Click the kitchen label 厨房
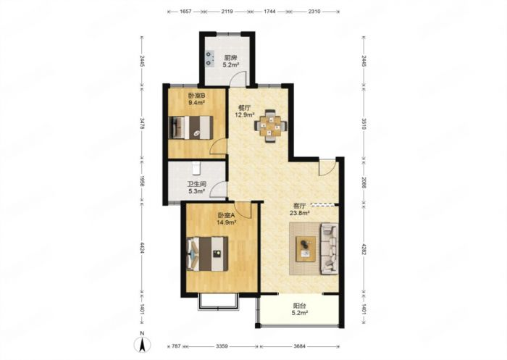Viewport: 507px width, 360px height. click(230, 58)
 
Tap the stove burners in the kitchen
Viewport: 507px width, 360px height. click(210, 59)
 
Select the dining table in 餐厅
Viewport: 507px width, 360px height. click(271, 126)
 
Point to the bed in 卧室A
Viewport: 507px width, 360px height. click(208, 254)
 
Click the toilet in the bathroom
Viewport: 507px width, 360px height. click(196, 167)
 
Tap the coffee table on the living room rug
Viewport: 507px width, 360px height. click(306, 248)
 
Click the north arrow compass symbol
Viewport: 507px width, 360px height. click(142, 344)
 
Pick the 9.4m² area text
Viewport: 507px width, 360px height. click(196, 103)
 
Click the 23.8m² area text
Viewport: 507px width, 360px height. click(300, 213)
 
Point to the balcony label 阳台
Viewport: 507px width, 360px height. click(299, 306)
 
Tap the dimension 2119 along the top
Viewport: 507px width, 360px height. click(227, 12)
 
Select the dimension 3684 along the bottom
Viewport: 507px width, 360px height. click(299, 346)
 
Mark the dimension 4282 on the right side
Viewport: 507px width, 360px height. click(364, 249)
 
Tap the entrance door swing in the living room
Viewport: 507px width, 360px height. click(327, 167)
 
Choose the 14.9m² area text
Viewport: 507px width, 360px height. click(226, 222)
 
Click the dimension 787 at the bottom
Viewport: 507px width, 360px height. click(176, 346)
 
